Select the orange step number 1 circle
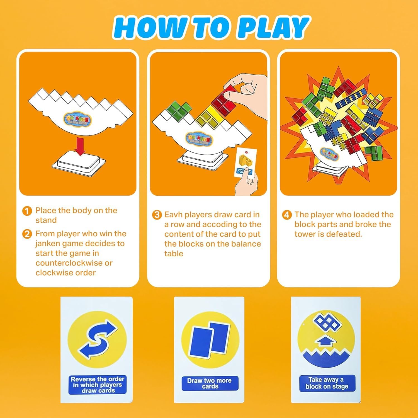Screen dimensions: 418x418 27,211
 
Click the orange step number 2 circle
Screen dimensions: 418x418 27,234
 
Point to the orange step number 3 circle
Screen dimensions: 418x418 157,215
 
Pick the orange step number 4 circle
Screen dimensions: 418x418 287,215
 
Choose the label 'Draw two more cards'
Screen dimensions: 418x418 210,383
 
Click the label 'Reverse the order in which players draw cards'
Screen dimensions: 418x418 97,385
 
